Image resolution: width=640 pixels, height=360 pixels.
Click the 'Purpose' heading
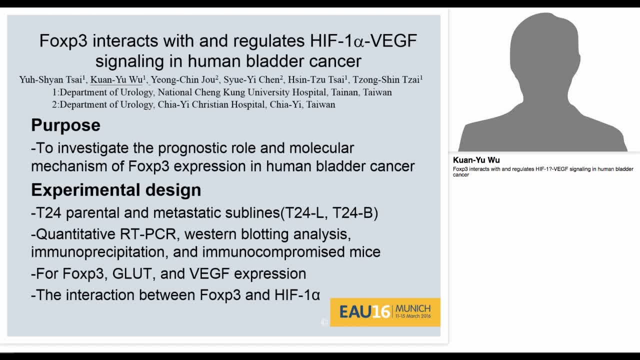(x=65, y=125)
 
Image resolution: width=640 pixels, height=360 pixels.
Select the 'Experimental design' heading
(x=116, y=190)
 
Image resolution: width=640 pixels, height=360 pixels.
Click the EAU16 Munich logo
(x=385, y=312)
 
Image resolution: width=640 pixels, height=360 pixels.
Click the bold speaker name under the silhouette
(x=476, y=160)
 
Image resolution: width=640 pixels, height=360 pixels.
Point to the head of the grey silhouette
(x=544, y=45)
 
